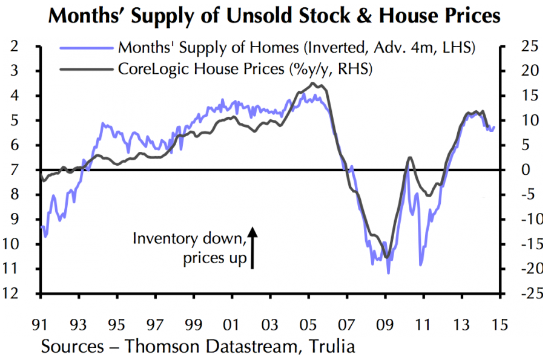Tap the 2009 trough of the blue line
[388, 273]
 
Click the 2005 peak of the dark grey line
[313, 83]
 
